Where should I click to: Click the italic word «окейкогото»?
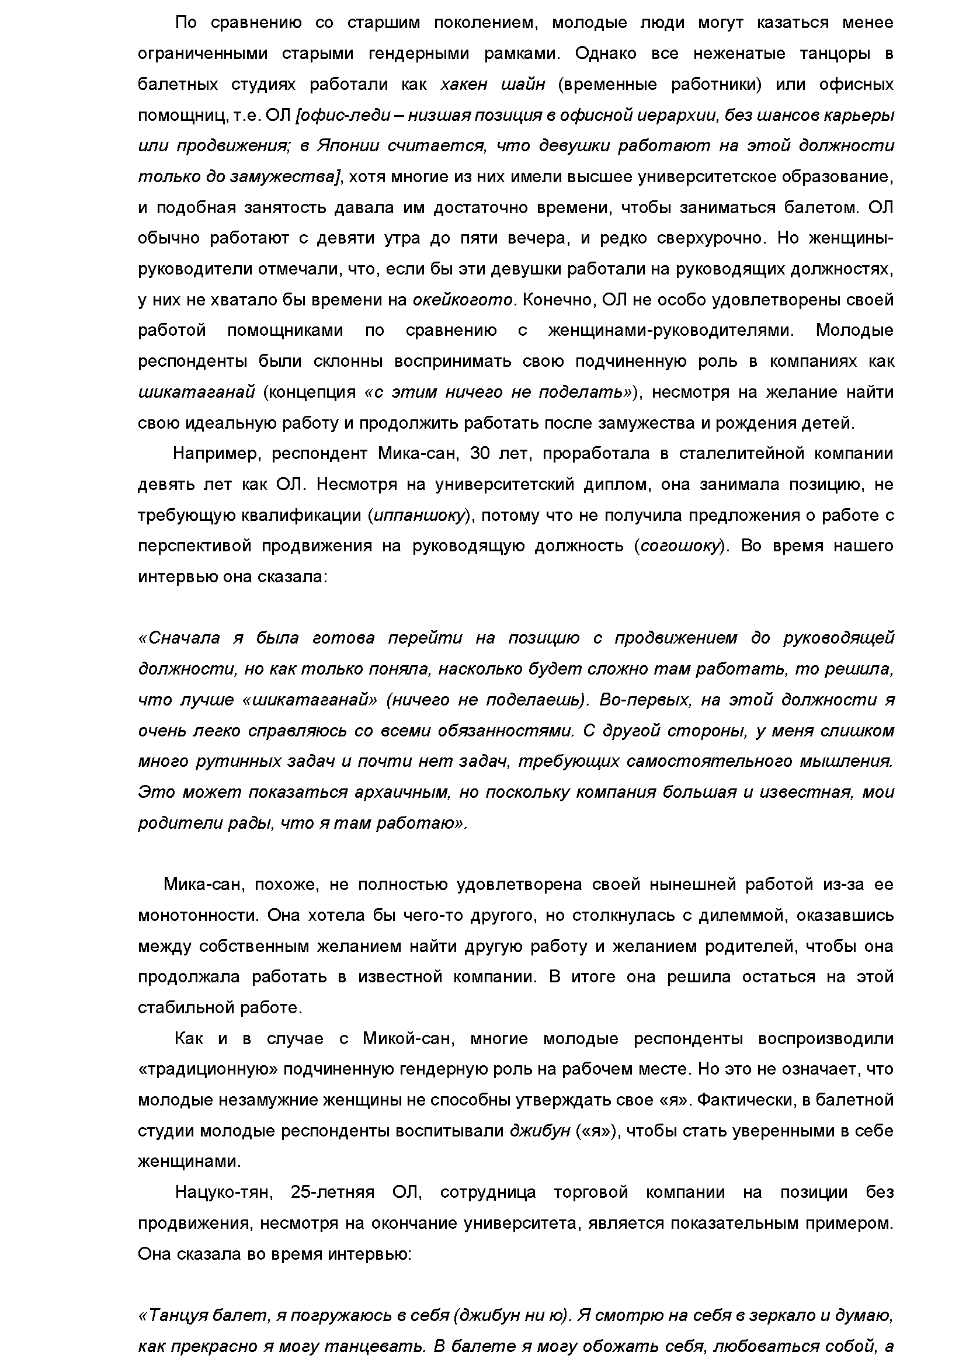[463, 300]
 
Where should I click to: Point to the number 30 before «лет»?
[481, 454]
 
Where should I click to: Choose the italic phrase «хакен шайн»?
[492, 85]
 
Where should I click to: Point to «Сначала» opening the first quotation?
[179, 638]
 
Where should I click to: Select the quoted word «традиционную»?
[208, 1069]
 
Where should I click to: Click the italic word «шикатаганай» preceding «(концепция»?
[196, 392]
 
